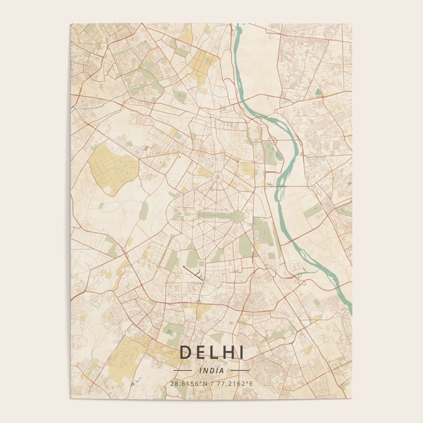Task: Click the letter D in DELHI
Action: [184, 352]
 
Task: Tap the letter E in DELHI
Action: [199, 352]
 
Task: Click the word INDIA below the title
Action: [211, 370]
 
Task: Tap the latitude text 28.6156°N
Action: [189, 384]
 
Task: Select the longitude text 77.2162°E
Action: [234, 384]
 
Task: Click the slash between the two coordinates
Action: [211, 384]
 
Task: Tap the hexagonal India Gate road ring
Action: [236, 216]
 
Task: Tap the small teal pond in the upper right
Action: [318, 92]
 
